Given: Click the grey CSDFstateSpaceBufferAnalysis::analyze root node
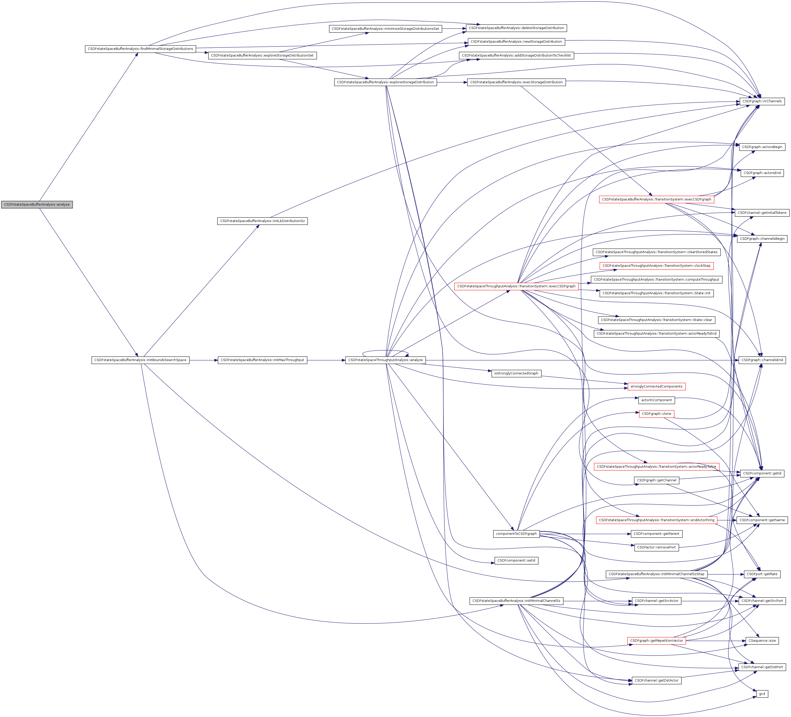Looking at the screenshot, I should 37,204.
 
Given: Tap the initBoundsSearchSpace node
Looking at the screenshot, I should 140,360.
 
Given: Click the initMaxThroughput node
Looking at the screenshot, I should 262,360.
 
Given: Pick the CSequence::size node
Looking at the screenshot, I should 762,640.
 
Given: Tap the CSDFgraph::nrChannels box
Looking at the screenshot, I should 762,101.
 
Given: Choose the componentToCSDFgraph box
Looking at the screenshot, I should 516,534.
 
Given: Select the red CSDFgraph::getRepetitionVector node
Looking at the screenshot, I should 656,640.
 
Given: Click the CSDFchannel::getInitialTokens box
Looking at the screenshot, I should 762,213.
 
